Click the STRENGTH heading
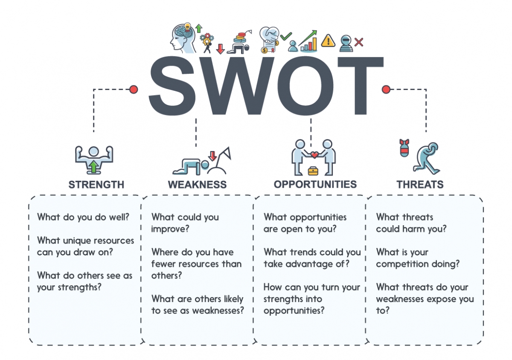point(96,184)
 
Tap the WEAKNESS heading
point(197,184)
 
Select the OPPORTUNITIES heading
point(315,184)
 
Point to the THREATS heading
point(420,184)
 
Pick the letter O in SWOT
point(305,86)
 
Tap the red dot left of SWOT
point(134,90)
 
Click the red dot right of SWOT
point(386,90)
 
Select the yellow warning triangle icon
point(328,41)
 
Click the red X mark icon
point(359,42)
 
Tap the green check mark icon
point(286,36)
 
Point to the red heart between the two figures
point(315,155)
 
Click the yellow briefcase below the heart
point(313,171)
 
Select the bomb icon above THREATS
point(404,148)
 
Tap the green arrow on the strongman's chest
point(94,166)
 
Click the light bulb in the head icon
point(187,27)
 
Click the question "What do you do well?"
point(83,217)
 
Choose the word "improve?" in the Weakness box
point(170,229)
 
